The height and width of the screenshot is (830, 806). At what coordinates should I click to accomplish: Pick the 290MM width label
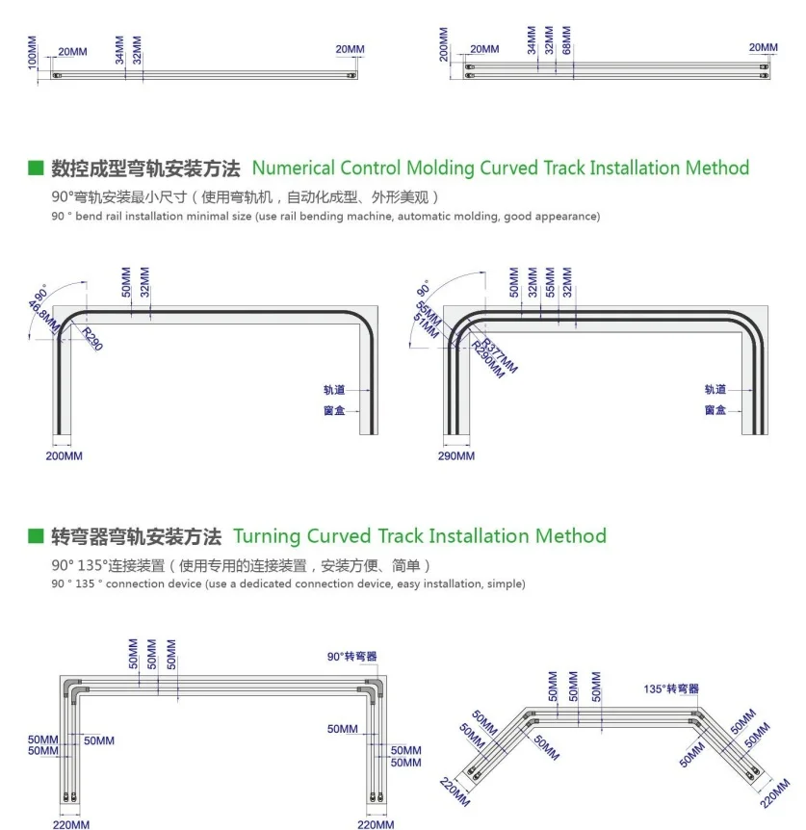(x=456, y=455)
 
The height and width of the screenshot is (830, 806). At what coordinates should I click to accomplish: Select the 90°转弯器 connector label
(x=352, y=657)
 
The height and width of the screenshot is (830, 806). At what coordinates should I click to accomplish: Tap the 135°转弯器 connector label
(x=672, y=688)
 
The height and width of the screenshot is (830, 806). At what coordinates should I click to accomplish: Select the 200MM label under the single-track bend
(x=65, y=455)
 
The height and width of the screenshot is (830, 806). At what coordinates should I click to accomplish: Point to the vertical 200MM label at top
(x=444, y=44)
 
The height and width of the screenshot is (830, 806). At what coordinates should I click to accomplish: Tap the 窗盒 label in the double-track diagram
(x=715, y=410)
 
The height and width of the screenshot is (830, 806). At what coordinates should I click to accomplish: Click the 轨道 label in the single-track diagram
(x=334, y=391)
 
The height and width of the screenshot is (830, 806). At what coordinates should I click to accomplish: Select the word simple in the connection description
(x=506, y=584)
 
